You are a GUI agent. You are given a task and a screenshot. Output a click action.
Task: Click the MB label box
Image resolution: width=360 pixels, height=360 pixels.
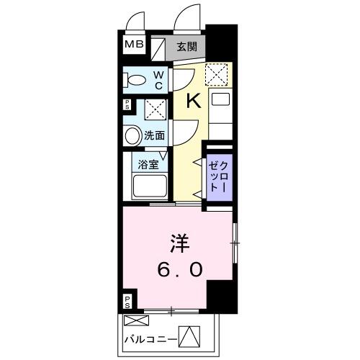(x=135, y=45)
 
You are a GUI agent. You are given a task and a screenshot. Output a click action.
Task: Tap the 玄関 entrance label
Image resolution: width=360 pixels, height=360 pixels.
(x=186, y=46)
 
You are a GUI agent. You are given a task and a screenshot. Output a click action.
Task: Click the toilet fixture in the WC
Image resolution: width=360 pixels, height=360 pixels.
(x=135, y=80)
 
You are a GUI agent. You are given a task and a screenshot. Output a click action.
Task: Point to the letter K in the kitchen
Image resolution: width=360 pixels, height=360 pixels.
(x=193, y=102)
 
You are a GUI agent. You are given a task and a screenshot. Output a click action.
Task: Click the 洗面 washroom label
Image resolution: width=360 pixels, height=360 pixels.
(x=155, y=135)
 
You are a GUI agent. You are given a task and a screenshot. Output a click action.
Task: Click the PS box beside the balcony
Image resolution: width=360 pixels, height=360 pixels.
(x=127, y=301)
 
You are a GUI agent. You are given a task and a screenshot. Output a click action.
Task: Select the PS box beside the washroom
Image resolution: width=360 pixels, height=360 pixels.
(x=127, y=105)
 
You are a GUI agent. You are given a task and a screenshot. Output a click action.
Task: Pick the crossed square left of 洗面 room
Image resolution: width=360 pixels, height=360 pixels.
(x=153, y=109)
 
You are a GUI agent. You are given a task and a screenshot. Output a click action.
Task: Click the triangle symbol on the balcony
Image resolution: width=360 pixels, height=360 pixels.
(x=187, y=336)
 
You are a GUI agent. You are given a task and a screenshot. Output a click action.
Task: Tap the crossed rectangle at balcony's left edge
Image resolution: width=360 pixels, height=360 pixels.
(x=134, y=320)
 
